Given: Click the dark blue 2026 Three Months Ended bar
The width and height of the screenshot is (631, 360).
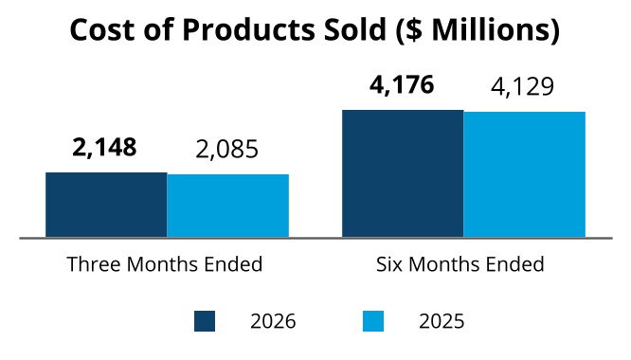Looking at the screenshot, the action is pos(106,205).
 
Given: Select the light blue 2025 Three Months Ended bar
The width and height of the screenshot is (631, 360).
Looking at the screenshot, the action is pos(227,206).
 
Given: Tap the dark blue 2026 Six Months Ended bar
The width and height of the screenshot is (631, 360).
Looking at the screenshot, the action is pos(403,173).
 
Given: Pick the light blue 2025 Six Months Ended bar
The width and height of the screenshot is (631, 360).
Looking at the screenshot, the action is pos(524,174).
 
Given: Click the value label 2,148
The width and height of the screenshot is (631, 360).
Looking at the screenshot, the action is pos(104,147).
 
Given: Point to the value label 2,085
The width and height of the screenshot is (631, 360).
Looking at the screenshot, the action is pos(226,150).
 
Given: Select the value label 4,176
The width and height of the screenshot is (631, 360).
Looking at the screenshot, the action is pos(402,85).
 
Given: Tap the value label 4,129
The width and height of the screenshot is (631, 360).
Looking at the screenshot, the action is pos(522,86).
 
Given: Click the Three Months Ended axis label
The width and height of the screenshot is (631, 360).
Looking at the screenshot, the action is pos(165,264).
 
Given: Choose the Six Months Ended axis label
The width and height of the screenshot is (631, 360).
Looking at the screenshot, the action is pos(460,264).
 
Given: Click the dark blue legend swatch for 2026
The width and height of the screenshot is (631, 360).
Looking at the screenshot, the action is pos(205,321).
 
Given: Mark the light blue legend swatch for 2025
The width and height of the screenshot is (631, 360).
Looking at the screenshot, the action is pos(373,321).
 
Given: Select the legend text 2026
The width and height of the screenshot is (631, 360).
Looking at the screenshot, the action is pos(273,321).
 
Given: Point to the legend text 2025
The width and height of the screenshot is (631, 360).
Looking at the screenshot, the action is pos(442,321).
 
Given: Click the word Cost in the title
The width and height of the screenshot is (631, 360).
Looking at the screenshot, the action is pos(102,29).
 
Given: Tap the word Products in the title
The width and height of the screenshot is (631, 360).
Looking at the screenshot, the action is pos(248,29).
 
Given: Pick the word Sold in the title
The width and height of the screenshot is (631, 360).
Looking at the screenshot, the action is pos(355,29).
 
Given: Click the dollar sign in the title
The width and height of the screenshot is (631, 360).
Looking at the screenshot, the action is pos(414,29).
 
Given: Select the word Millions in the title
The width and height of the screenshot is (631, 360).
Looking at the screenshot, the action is pos(490,29).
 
